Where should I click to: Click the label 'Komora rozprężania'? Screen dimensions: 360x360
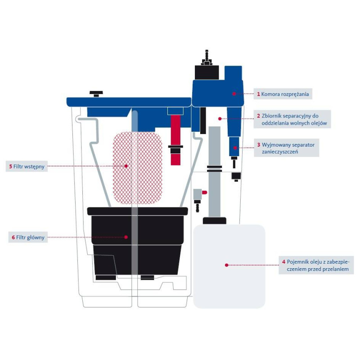284,94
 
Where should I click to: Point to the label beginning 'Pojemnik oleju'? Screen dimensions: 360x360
315,265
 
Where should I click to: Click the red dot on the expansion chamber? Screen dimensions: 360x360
234,94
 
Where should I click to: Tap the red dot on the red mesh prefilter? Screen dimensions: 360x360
126,166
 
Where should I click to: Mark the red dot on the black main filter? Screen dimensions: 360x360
126,237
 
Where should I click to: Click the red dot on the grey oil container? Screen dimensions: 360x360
226,265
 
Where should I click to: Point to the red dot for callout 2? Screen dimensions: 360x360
220,119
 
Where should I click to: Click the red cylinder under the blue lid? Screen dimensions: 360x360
175,130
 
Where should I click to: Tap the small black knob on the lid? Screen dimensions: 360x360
96,94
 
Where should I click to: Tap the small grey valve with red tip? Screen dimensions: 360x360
198,194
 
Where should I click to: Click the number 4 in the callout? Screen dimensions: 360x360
283,261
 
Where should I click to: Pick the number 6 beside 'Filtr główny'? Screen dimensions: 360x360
13,237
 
